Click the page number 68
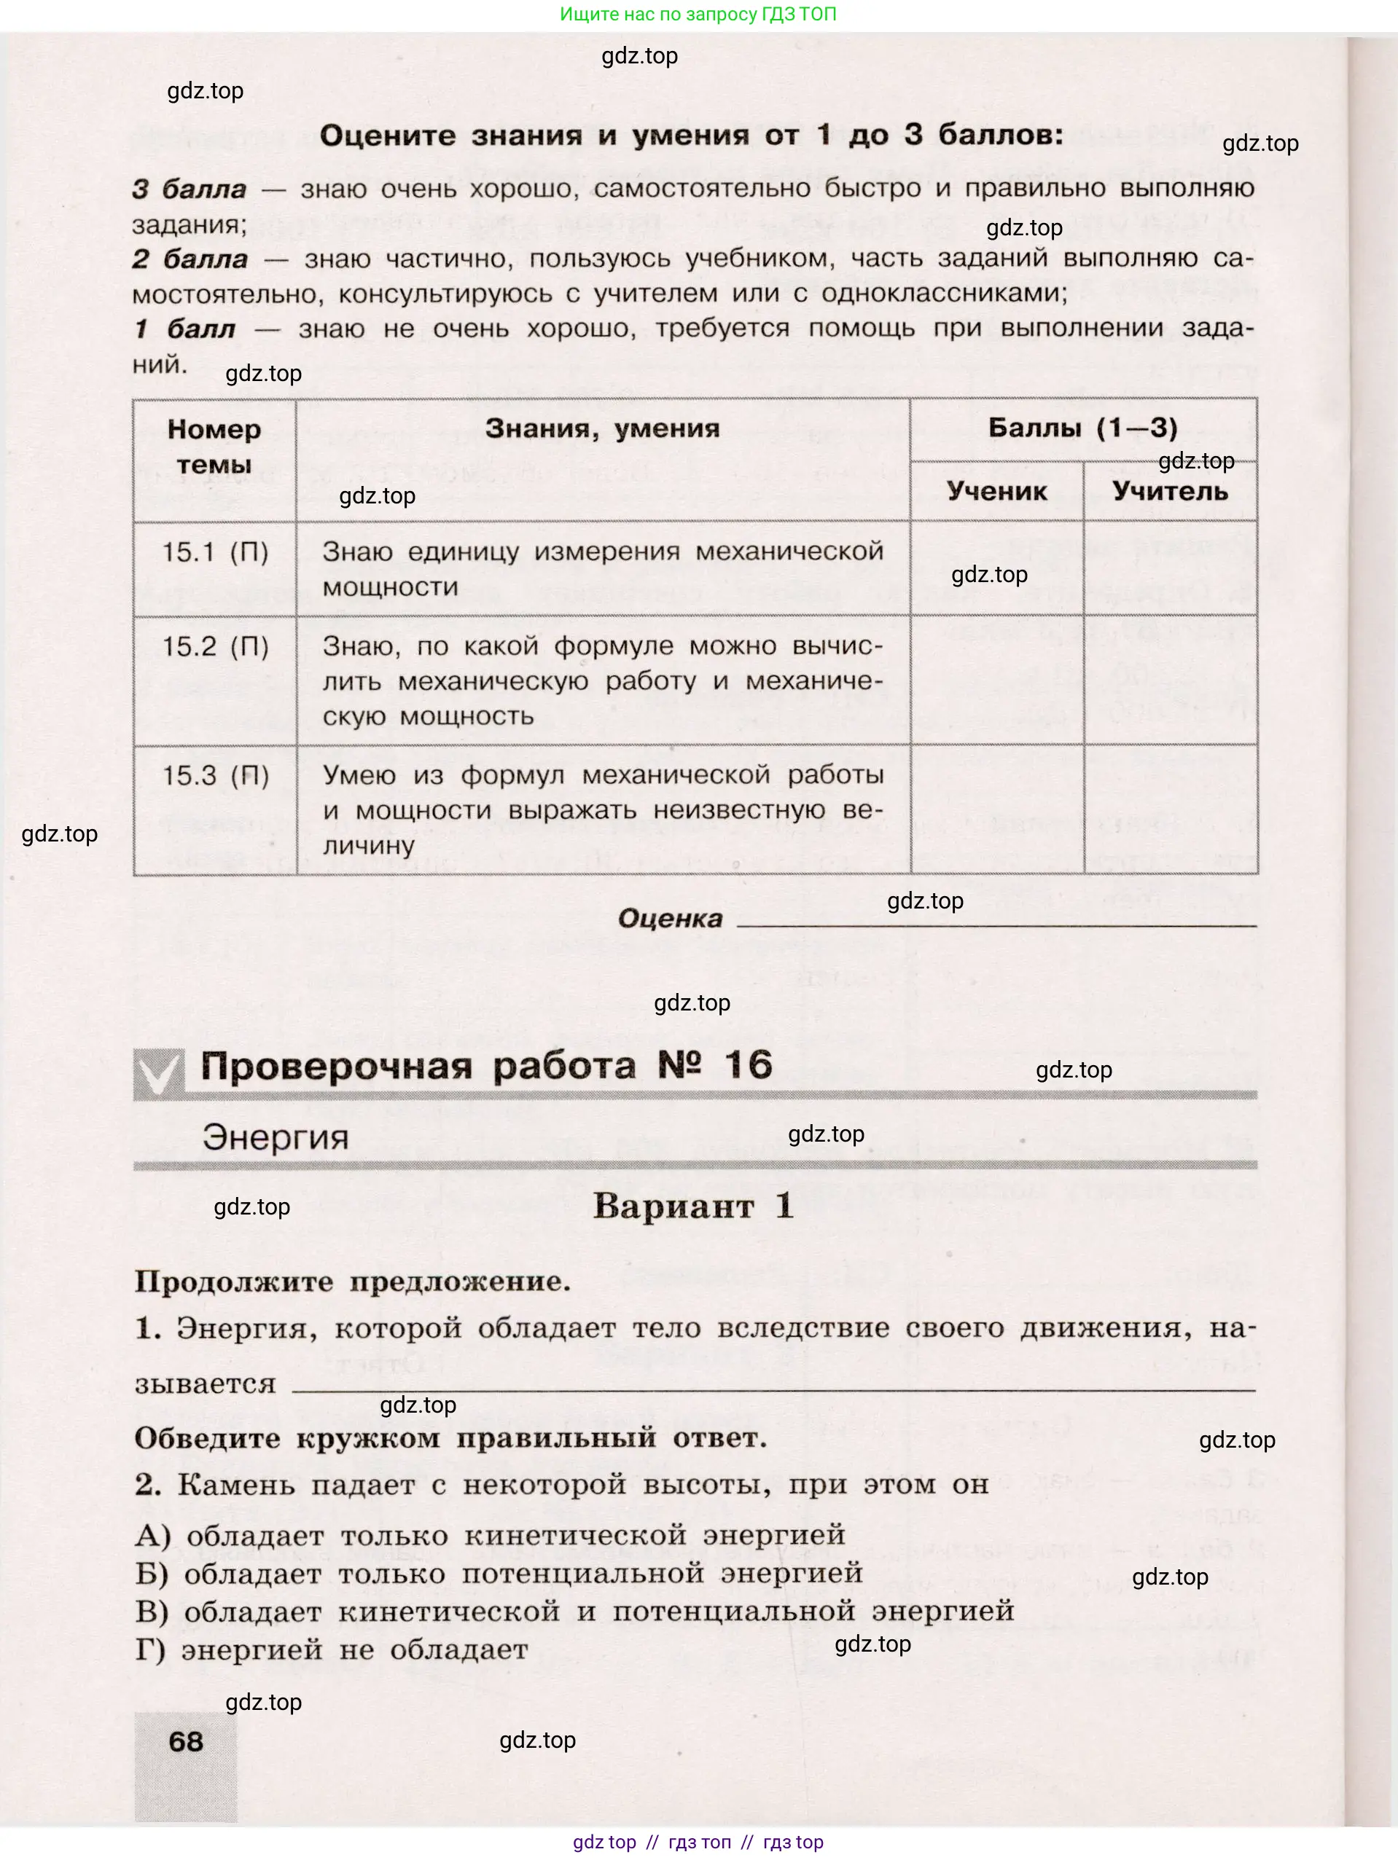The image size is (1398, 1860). point(186,1741)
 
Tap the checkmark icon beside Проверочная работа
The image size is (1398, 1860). point(158,1074)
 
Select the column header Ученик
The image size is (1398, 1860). point(997,491)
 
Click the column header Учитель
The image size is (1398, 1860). point(1170,491)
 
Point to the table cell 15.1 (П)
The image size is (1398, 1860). point(214,552)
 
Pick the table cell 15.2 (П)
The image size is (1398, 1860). point(214,647)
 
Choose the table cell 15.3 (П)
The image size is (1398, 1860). point(214,775)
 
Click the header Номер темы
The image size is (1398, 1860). point(214,447)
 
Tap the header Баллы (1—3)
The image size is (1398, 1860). point(1082,428)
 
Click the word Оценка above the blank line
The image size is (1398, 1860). point(670,918)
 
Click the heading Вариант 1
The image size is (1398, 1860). point(692,1206)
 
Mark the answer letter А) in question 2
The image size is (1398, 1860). point(153,1535)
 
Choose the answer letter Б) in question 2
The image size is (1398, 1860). point(152,1573)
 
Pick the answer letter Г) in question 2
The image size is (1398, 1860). point(152,1649)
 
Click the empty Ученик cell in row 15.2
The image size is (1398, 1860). point(997,680)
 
